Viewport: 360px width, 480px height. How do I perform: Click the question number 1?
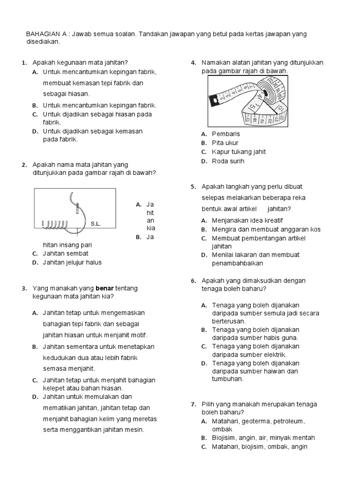click(x=23, y=63)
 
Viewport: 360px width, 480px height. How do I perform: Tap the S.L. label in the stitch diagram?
click(x=96, y=224)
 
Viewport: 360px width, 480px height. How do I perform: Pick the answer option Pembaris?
click(x=226, y=134)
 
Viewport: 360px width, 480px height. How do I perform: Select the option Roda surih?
click(x=228, y=161)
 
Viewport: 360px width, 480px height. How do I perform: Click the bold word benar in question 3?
click(x=105, y=288)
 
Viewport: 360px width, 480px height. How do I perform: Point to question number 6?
click(x=193, y=281)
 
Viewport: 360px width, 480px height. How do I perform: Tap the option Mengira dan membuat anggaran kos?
click(x=266, y=229)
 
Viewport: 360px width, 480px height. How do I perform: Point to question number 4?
click(x=193, y=63)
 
